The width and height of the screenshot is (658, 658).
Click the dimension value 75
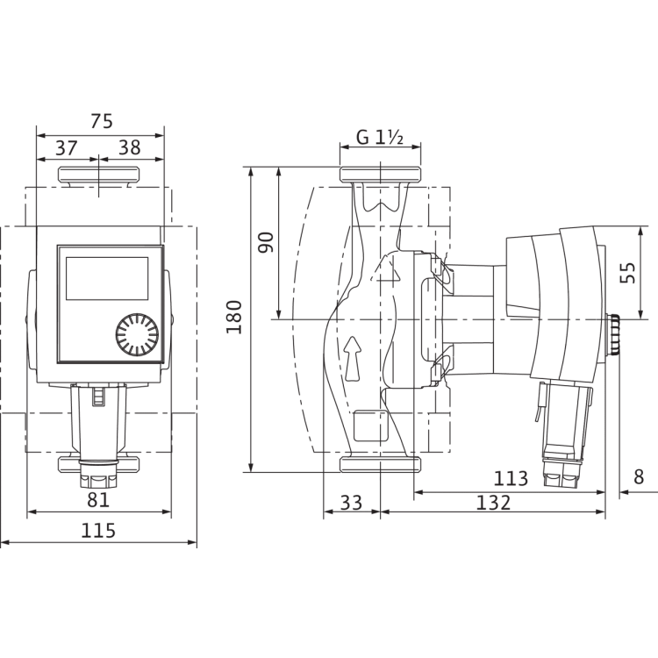click(101, 123)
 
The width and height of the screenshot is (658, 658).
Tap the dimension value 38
click(129, 147)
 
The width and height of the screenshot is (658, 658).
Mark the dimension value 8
click(638, 478)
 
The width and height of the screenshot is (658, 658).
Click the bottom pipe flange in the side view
click(380, 464)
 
